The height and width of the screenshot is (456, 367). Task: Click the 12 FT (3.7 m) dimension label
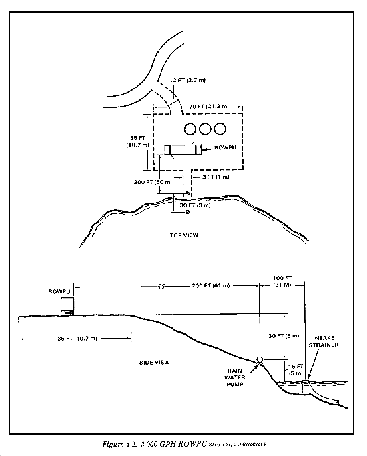pos(188,80)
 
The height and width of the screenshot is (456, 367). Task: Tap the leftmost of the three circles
pos(190,129)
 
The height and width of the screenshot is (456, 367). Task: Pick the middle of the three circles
pos(205,129)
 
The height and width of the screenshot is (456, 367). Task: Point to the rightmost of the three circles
pos(220,129)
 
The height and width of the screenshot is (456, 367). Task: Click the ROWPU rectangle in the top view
pos(183,149)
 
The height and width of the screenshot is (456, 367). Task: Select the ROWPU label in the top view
pos(225,147)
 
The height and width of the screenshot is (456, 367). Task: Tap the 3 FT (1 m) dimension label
pos(216,177)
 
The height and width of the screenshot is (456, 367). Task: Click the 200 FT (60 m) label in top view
pos(153,182)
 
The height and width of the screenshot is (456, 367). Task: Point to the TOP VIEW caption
pos(184,235)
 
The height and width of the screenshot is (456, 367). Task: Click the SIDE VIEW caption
pos(155,363)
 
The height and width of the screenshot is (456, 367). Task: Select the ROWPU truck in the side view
pos(67,307)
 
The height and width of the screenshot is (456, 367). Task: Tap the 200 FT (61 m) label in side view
pos(211,285)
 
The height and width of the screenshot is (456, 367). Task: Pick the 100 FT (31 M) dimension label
pos(282,281)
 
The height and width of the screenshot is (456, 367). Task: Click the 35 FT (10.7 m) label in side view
pos(77,339)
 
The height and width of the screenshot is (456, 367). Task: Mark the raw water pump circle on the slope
pos(260,360)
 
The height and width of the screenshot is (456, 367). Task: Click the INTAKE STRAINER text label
pos(324,341)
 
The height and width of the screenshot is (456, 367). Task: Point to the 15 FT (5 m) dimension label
pos(296,369)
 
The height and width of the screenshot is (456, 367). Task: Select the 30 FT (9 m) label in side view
pos(284,336)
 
